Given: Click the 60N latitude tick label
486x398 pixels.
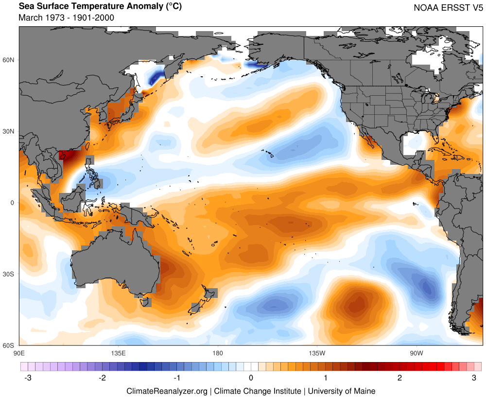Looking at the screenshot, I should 9,60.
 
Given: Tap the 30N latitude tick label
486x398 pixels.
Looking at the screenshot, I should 9,132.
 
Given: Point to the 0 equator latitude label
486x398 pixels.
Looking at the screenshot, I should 13,203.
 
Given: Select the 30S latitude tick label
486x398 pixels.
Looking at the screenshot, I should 9,274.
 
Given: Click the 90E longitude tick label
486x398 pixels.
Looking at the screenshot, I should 19,352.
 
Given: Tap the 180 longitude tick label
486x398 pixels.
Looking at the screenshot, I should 218,352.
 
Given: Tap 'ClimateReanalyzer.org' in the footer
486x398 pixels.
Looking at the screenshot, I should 167,391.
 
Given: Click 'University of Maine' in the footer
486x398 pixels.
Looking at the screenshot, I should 342,391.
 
